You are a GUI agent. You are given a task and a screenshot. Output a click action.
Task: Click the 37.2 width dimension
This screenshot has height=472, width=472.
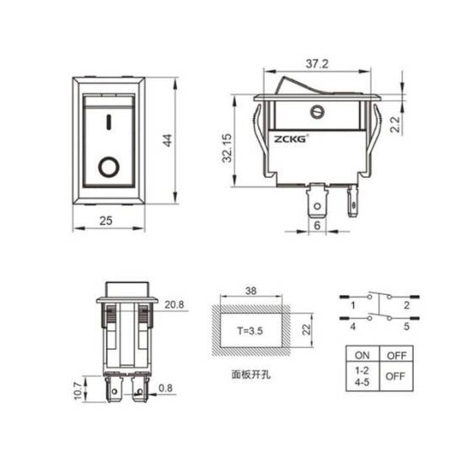coord(317,64)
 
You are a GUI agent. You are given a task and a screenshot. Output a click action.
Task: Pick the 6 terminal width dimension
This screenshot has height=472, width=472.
coord(317,226)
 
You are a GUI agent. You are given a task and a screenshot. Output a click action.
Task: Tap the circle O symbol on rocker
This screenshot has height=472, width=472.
coord(108,166)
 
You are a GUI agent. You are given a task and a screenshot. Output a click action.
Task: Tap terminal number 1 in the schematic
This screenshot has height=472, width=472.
coord(355,304)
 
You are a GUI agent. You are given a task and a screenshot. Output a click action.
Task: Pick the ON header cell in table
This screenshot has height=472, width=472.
coord(362,355)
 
